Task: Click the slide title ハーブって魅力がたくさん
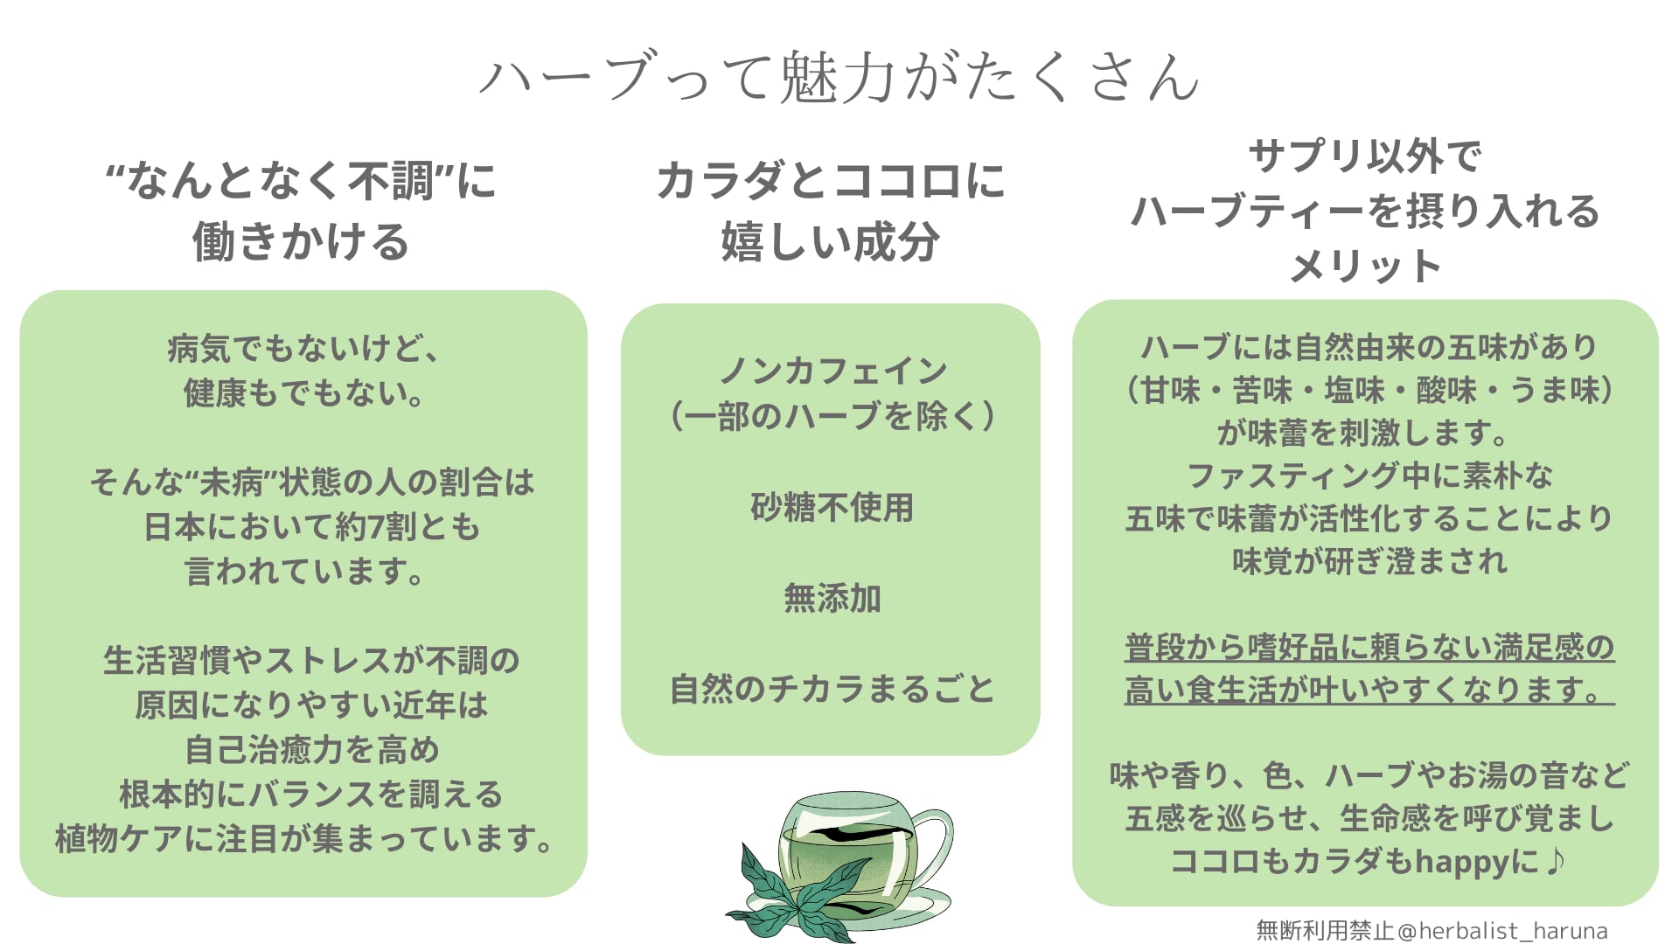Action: pos(839,77)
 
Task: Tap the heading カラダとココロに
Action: pos(831,182)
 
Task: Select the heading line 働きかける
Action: pos(301,242)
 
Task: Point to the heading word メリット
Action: pos(1365,266)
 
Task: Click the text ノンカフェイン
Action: pos(833,371)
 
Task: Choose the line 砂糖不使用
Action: pos(832,507)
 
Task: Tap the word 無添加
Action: pos(832,598)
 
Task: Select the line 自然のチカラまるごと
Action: pos(832,689)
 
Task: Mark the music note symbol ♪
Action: pos(1555,862)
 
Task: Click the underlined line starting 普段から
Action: pos(1369,647)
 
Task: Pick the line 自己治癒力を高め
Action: pos(312,749)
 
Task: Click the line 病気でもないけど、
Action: pos(304,348)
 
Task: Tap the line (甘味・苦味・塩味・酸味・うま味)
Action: pos(1369,390)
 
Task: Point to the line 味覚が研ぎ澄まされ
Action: pos(1369,561)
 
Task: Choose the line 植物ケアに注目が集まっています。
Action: pos(304,838)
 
